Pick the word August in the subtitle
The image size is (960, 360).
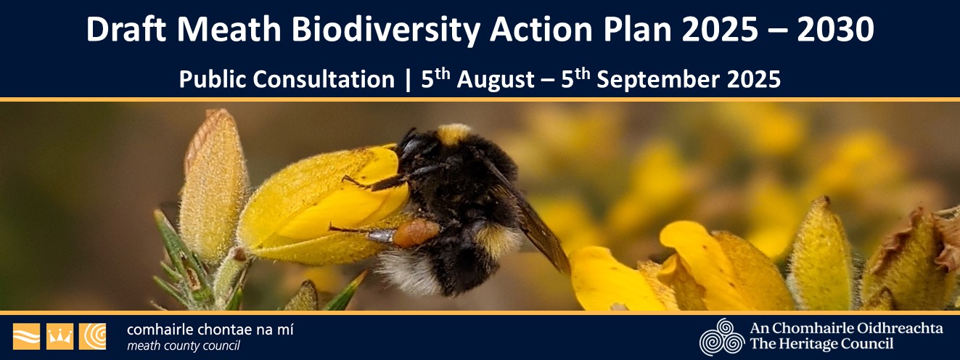(494, 79)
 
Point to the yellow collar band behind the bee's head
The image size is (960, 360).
(454, 134)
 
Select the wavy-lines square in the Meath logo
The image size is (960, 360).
(26, 336)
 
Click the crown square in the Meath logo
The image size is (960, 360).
(60, 336)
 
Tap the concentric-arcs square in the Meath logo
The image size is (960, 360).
(92, 336)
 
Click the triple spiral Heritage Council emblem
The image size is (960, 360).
(721, 337)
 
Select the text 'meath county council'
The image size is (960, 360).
(184, 345)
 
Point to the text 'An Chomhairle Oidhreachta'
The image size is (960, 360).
(846, 328)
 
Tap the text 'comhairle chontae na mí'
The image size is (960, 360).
(210, 329)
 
